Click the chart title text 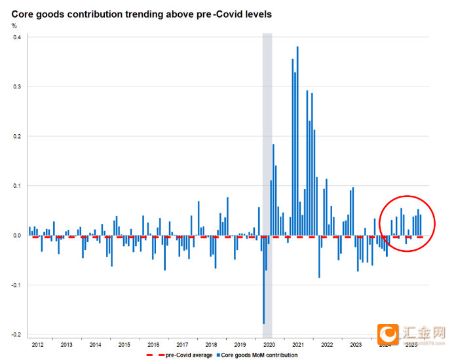click(142, 12)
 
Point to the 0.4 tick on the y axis click(16, 37)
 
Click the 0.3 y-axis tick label click(16, 86)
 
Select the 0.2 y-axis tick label click(16, 136)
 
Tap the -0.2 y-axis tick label click(15, 334)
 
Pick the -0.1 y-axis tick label click(15, 285)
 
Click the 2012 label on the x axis click(37, 344)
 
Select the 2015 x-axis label click(124, 344)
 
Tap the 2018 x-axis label click(211, 344)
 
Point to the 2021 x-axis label click(298, 344)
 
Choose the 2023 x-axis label click(356, 344)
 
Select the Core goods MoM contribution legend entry click(259, 355)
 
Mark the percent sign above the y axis click(14, 26)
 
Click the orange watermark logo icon click(389, 336)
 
